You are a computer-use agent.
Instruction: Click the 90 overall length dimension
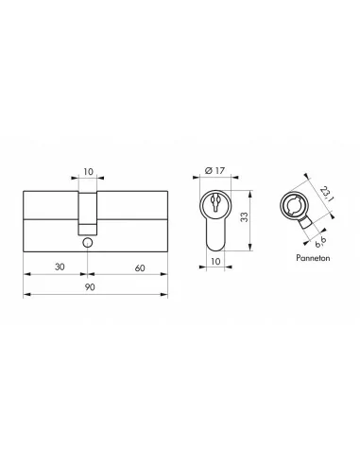point(90,287)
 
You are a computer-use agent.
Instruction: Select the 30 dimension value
point(60,267)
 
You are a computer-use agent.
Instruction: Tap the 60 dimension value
point(140,268)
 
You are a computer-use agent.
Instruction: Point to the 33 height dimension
point(245,217)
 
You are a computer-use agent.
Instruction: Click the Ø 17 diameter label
point(214,170)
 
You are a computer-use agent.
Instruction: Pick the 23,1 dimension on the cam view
point(326,194)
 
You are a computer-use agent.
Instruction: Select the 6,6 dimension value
point(320,241)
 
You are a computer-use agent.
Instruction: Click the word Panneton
point(313,258)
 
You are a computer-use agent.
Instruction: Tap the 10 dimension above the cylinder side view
point(89,172)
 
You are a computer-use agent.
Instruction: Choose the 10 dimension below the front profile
point(215,262)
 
